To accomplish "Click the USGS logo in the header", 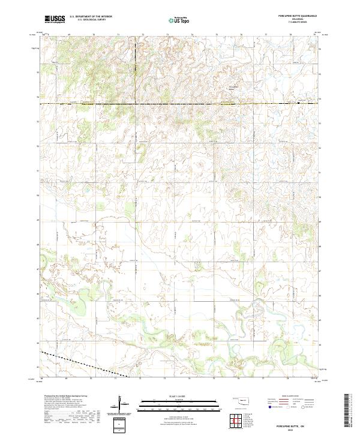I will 55,19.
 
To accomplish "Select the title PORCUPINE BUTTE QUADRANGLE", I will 298,16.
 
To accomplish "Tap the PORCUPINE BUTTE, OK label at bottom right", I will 298,424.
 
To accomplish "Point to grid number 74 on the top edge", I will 191,35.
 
